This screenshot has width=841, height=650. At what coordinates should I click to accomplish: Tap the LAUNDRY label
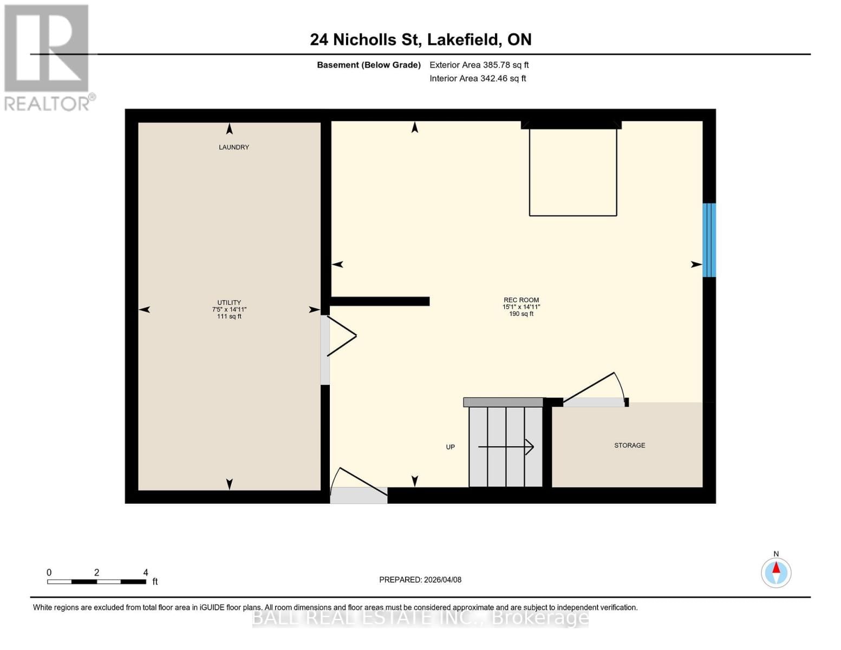coord(233,147)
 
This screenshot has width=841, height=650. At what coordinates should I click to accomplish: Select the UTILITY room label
coord(229,303)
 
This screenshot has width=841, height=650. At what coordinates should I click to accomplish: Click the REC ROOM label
coord(521,300)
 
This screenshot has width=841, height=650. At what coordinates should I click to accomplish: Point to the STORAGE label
coord(629,445)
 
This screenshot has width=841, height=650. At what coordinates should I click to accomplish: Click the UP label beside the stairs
coord(450,447)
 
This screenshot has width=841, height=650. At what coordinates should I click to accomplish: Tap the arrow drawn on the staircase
coord(506,447)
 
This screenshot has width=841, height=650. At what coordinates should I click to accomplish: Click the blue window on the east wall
coord(709,240)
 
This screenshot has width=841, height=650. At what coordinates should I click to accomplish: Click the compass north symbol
coord(776,572)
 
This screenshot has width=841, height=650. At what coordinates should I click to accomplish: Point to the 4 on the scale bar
coord(145,573)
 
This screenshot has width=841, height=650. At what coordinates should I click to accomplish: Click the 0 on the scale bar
coord(49,573)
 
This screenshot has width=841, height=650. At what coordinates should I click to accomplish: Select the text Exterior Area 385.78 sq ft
coord(479,65)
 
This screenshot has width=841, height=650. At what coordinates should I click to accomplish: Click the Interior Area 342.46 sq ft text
coord(478,79)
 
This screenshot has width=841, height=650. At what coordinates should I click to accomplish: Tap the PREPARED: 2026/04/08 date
coord(420,580)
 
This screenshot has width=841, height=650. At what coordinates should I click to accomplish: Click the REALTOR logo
coord(48,57)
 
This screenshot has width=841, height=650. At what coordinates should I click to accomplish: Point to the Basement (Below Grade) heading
coord(368,65)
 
